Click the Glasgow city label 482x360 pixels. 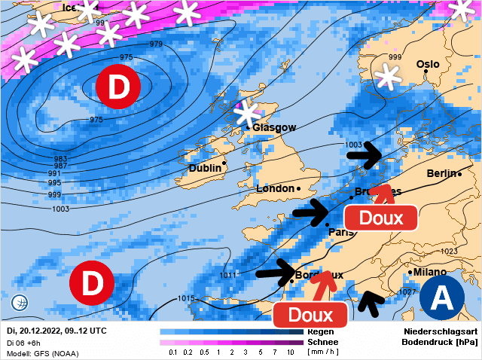[274, 128]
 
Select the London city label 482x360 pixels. [275, 188]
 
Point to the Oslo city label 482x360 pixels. [427, 65]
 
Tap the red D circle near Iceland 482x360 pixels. [118, 87]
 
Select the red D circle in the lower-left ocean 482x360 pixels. [92, 285]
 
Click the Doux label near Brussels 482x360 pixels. [380, 218]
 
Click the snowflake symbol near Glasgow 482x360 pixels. [246, 114]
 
